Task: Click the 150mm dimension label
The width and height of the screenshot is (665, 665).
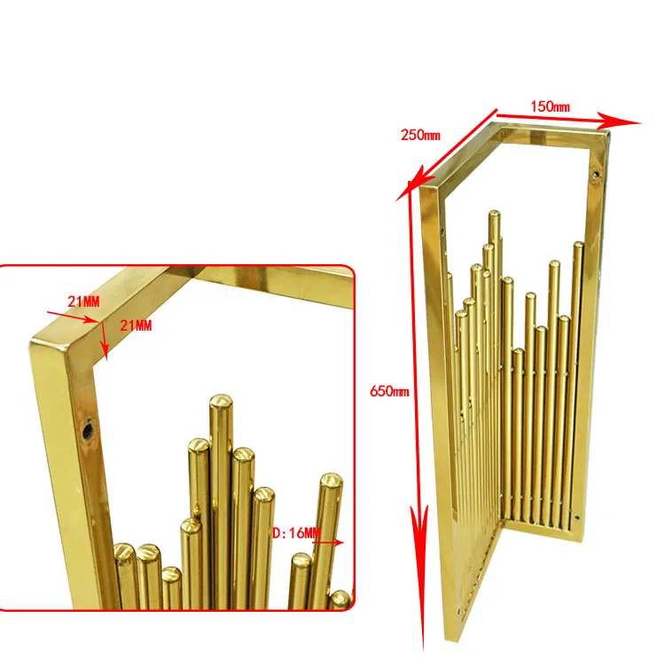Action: point(550,106)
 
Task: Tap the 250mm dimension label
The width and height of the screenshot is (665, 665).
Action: point(420,135)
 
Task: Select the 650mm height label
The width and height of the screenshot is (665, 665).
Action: point(389,391)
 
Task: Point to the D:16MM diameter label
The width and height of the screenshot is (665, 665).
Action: point(296,533)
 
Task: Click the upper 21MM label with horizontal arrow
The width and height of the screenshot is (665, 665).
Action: point(83,301)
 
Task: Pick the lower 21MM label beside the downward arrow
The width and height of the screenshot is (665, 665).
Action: point(136,325)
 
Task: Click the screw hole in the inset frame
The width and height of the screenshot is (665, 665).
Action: point(88,431)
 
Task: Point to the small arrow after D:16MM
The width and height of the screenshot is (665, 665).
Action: point(329,542)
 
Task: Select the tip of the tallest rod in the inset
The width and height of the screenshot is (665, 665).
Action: point(221,401)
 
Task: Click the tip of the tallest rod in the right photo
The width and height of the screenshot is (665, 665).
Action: point(494,215)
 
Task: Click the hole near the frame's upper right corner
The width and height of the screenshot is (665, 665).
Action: point(596,174)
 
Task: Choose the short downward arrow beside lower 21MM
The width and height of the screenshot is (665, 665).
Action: point(104,340)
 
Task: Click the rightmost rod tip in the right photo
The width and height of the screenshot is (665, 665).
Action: point(578,246)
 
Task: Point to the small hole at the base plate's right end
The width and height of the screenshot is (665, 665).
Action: point(576,517)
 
